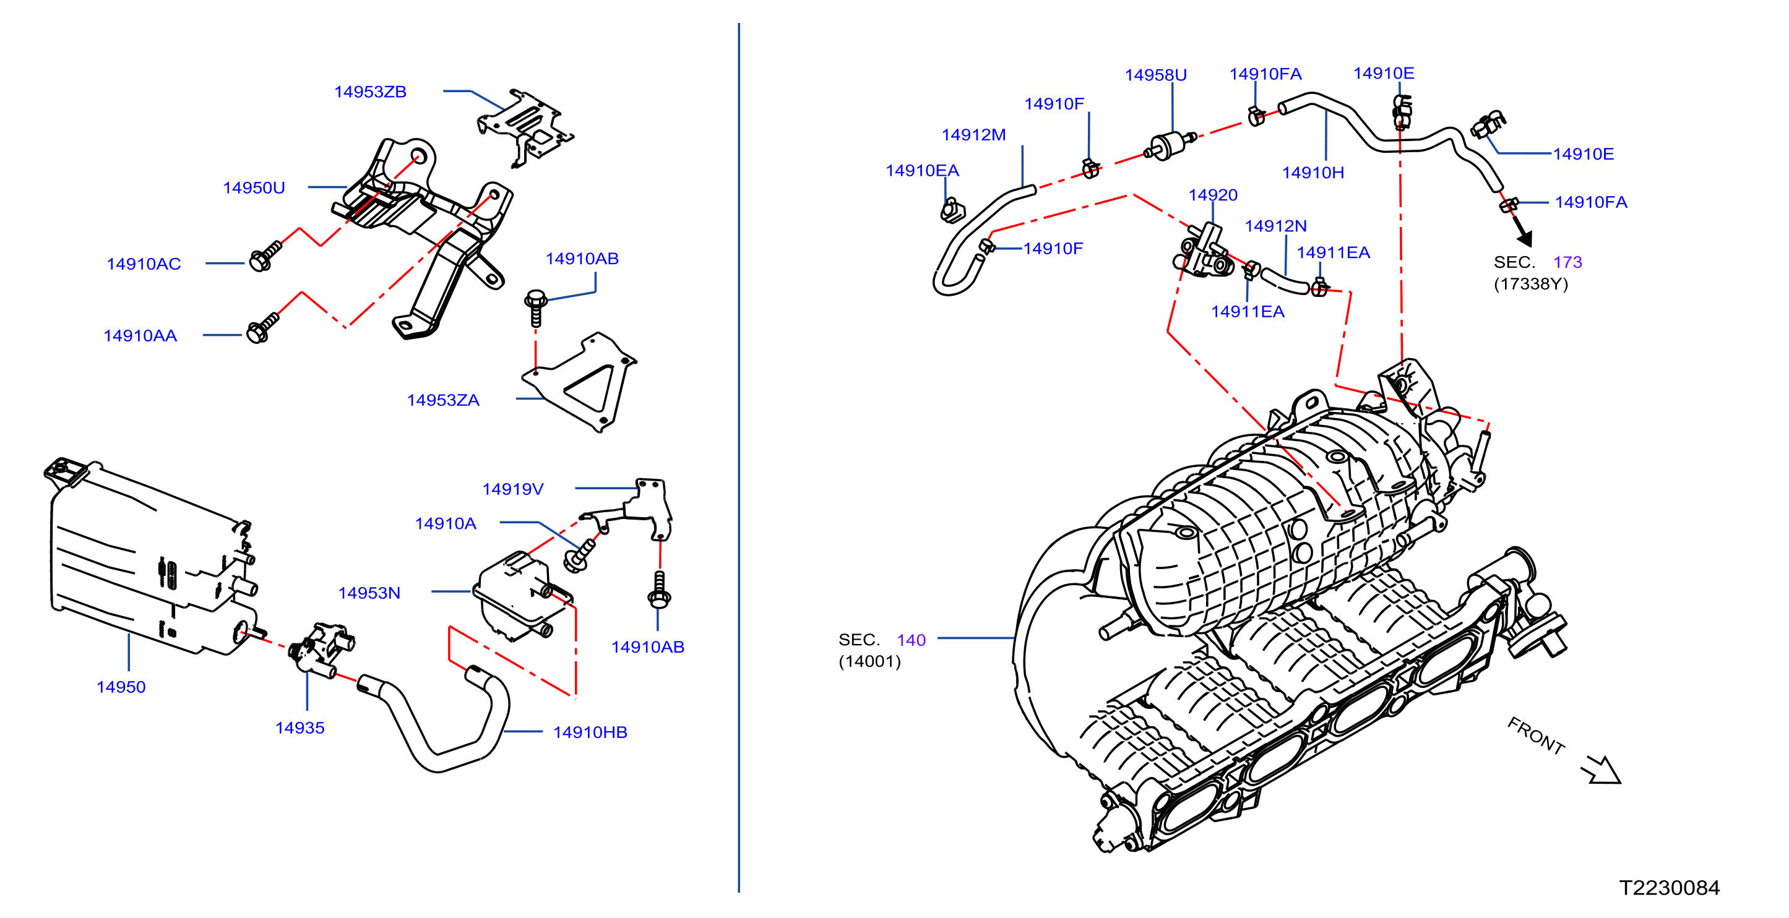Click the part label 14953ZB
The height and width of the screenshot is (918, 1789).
click(370, 92)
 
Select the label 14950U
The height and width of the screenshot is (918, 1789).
click(254, 187)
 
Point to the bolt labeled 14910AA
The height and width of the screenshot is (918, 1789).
click(263, 328)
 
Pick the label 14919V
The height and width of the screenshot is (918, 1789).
click(512, 489)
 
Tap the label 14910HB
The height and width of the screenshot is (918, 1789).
click(590, 732)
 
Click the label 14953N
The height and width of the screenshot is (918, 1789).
click(369, 593)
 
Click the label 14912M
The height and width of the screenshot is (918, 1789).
click(973, 135)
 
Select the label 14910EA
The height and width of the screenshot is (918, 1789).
click(921, 170)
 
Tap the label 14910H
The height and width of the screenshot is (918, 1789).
click(1313, 172)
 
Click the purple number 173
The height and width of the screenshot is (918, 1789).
click(1567, 262)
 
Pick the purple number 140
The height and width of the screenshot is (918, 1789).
click(910, 640)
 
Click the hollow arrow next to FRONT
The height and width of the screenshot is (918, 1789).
click(1601, 770)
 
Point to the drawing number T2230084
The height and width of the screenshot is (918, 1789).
click(1669, 888)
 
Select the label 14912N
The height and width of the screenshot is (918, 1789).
click(1275, 226)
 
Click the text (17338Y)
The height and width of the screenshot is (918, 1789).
click(1531, 284)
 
